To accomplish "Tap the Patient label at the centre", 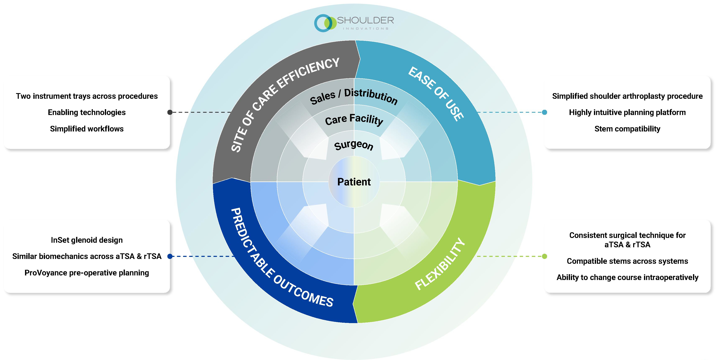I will point(354,182).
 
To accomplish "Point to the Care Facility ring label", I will point(354,120).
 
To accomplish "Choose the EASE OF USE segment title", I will point(436,93).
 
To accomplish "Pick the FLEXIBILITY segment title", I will point(440,264).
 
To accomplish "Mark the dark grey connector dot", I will point(170,112).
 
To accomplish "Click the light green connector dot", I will point(544,256).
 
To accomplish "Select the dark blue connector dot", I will point(170,256).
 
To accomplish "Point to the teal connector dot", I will point(544,112).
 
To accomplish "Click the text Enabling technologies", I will point(87,112).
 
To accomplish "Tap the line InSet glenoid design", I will point(87,240).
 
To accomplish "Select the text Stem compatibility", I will point(627,129).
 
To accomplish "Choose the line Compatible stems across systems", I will point(627,261).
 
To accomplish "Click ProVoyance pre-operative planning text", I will point(87,273).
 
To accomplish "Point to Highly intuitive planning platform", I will point(627,112).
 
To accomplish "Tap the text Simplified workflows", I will point(87,129).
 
